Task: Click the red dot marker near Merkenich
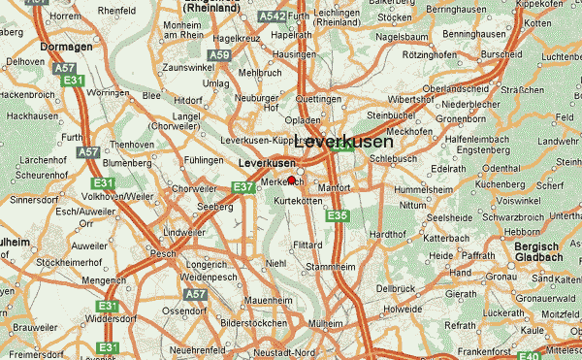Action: pos(291,180)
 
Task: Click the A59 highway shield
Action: pos(221,56)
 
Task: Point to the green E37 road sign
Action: pos(242,187)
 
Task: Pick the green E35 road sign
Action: pos(336,215)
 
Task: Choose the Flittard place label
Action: pos(308,245)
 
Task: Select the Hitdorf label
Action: pos(187,99)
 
